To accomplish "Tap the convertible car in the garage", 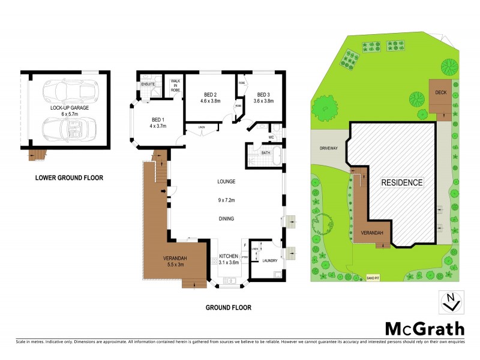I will pyautogui.click(x=65, y=128).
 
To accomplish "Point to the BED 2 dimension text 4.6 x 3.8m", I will pyautogui.click(x=210, y=101).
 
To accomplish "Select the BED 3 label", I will pyautogui.click(x=263, y=95).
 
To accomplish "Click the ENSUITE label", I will pyautogui.click(x=148, y=84).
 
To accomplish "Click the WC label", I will pyautogui.click(x=271, y=137).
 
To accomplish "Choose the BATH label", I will pyautogui.click(x=265, y=153).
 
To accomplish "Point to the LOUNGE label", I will pyautogui.click(x=226, y=181).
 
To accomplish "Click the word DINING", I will pyautogui.click(x=226, y=218).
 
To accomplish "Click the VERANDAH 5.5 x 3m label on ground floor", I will pyautogui.click(x=176, y=262).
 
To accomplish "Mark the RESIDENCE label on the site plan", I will pyautogui.click(x=403, y=182).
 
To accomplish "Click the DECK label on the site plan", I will pyautogui.click(x=440, y=94).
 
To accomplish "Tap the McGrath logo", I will pyautogui.click(x=424, y=328).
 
